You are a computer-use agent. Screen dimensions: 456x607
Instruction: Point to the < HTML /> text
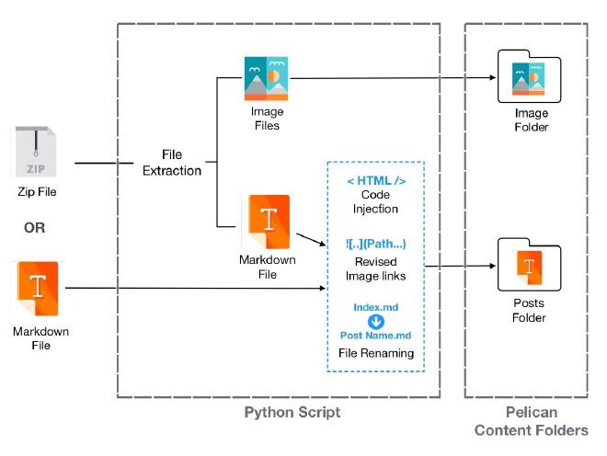(375, 180)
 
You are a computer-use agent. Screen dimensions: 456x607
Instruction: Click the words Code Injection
(375, 201)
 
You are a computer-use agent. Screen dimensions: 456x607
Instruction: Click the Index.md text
(375, 306)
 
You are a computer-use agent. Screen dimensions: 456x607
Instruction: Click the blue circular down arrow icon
(375, 321)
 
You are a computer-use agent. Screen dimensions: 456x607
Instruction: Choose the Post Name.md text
(375, 336)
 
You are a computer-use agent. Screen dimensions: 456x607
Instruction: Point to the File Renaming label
(375, 353)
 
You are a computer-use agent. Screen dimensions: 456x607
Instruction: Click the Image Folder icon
(528, 77)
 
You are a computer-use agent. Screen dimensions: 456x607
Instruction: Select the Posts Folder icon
(528, 267)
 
